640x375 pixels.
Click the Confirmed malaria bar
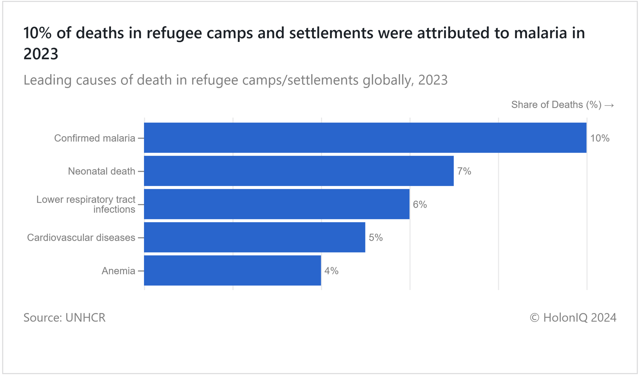tap(365, 138)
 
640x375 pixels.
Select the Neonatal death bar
tap(299, 171)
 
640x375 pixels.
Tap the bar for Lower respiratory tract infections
tap(276, 204)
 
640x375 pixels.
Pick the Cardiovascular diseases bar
tap(254, 237)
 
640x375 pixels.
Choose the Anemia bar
tap(232, 270)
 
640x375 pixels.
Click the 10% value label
tap(600, 138)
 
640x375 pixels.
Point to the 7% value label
tap(464, 171)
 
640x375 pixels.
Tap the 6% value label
tap(420, 204)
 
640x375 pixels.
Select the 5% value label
tap(376, 238)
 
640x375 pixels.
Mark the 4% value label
tap(331, 271)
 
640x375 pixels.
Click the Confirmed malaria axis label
tap(94, 138)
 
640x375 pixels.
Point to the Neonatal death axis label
tap(101, 171)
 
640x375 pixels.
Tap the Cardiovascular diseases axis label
tap(81, 238)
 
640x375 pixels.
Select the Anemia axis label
tap(118, 271)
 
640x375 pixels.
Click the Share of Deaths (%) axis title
tap(556, 105)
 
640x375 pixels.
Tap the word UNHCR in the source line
tap(85, 317)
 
